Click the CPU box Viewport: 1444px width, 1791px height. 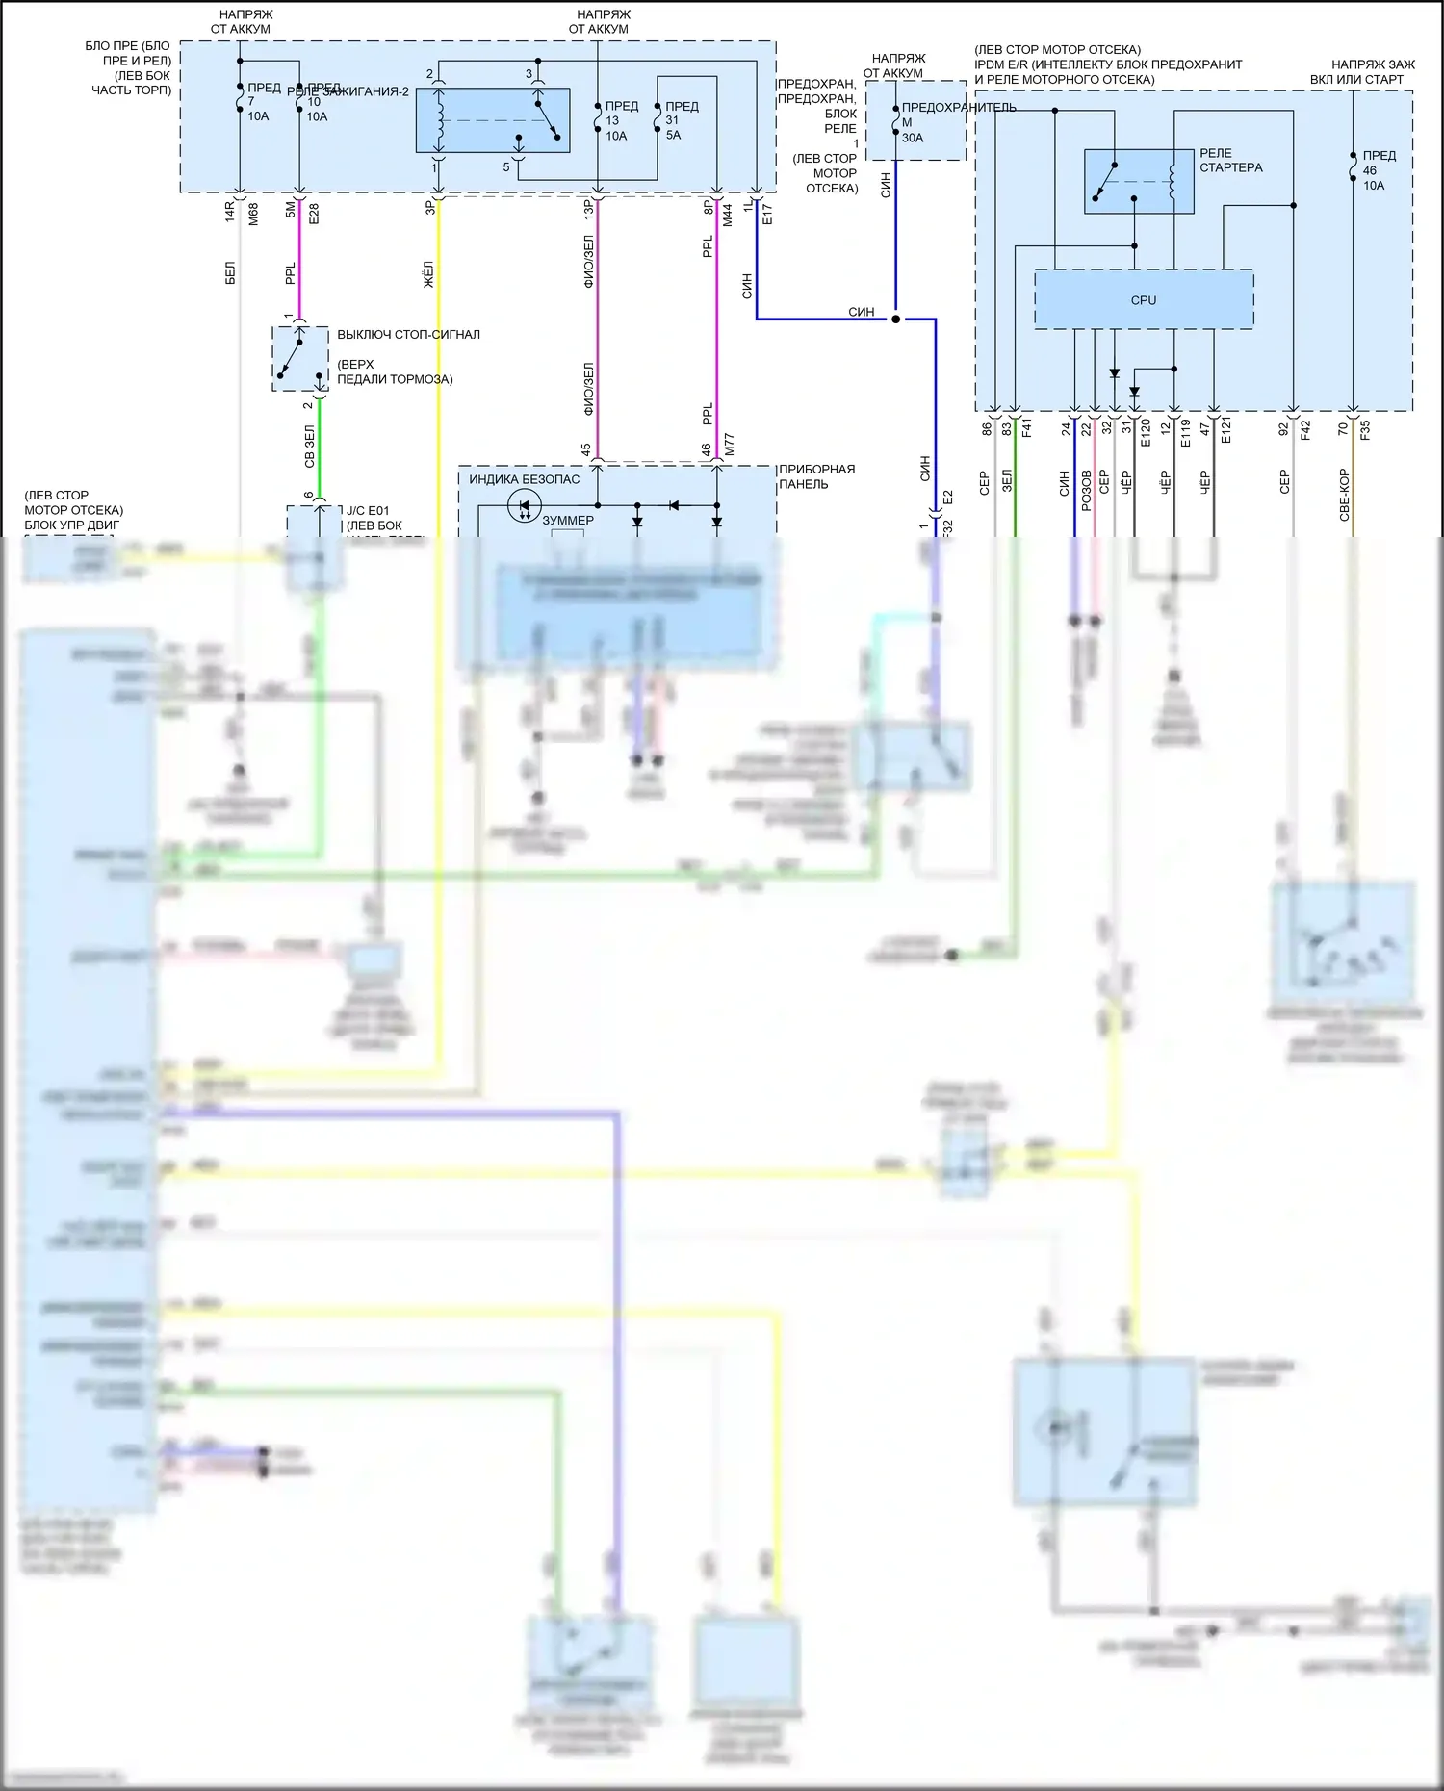[1144, 300]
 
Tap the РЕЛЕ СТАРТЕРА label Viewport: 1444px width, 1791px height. [1230, 160]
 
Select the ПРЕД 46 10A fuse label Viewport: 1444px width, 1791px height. [1378, 170]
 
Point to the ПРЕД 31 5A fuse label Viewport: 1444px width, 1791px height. [681, 120]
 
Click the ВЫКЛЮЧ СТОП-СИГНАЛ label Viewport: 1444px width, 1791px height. [408, 335]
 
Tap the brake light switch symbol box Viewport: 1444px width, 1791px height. [299, 359]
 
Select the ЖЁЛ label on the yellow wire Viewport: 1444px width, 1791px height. [428, 273]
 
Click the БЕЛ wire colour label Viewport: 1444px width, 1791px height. [230, 273]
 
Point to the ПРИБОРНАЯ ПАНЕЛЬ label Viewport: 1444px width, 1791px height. [816, 476]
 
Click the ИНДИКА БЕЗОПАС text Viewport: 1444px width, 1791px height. [525, 479]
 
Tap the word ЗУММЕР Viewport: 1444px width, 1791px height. [568, 521]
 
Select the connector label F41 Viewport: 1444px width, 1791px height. [1027, 428]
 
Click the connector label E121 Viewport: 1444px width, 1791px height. [1225, 430]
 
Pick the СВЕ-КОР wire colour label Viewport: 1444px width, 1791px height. [1344, 495]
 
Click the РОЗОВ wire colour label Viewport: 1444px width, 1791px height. [1086, 490]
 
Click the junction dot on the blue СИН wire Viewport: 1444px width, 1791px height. [895, 320]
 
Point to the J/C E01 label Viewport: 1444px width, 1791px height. [367, 511]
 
